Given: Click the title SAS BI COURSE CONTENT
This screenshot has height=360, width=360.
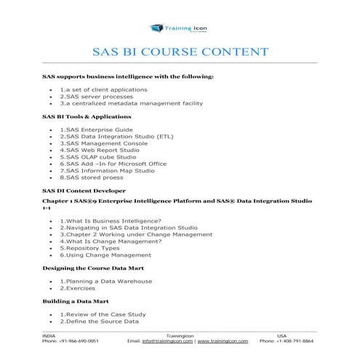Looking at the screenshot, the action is point(180,52).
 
